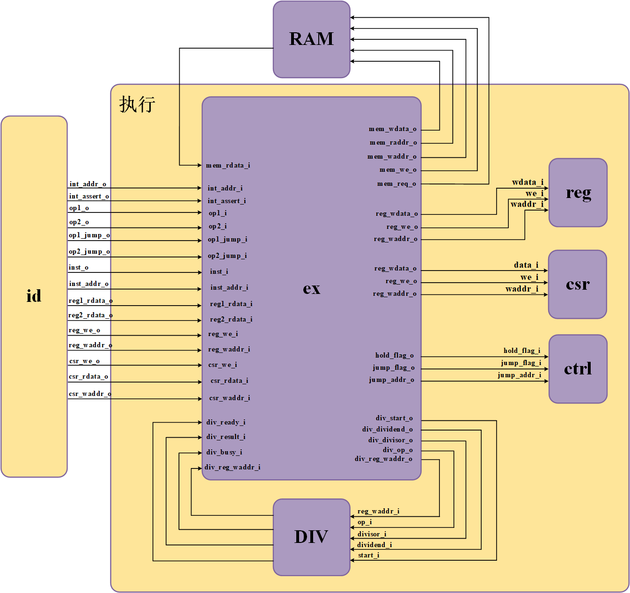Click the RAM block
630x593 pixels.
click(311, 39)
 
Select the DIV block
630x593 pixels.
click(311, 537)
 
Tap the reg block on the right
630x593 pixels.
click(578, 192)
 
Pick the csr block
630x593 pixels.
click(577, 284)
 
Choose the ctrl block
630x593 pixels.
click(578, 369)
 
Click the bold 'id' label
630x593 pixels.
click(34, 296)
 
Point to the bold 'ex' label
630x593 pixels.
click(311, 288)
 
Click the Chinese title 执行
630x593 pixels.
click(137, 104)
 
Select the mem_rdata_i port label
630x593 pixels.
click(228, 165)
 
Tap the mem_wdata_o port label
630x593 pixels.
click(392, 129)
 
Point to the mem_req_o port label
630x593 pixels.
click(396, 183)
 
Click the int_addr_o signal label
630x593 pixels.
click(88, 184)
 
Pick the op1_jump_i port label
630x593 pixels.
click(227, 239)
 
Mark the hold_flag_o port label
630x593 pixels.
click(394, 355)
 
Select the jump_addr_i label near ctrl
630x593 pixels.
click(519, 375)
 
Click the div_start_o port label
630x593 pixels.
click(394, 418)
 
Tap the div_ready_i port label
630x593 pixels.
click(226, 422)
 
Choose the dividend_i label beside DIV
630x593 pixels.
click(374, 545)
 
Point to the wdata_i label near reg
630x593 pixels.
click(527, 182)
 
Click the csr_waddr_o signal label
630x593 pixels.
click(90, 394)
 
